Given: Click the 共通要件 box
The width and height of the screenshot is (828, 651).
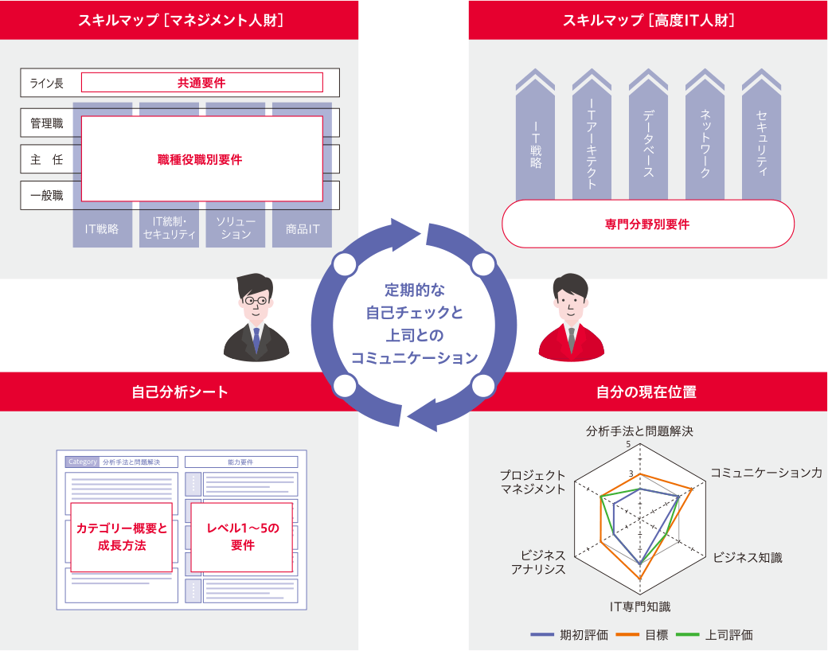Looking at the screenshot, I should (x=201, y=82).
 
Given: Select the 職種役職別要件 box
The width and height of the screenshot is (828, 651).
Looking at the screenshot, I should (x=201, y=159).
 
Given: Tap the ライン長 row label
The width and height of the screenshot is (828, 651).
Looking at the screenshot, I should (x=47, y=83).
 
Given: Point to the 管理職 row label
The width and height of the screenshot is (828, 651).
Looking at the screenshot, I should (x=47, y=123).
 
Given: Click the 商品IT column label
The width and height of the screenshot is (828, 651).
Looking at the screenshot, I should (x=303, y=229).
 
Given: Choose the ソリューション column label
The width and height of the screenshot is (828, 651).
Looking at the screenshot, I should (x=235, y=228).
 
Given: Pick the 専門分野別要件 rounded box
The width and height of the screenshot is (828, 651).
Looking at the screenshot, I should (x=647, y=224).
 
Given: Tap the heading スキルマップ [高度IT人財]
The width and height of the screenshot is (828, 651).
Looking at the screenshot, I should (x=648, y=21).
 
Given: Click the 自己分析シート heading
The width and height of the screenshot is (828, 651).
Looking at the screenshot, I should (x=180, y=392).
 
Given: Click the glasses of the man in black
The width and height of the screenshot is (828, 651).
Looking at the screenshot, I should (x=256, y=301).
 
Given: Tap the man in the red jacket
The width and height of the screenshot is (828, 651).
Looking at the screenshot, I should (x=571, y=318).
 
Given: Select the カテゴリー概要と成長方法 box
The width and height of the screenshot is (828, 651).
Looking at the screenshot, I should (x=122, y=537).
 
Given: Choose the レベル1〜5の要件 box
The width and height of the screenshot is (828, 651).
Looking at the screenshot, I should (x=243, y=537).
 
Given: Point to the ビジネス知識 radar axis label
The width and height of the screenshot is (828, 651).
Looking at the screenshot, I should (x=747, y=557).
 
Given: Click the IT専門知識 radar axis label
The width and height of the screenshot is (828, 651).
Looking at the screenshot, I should (x=640, y=606).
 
